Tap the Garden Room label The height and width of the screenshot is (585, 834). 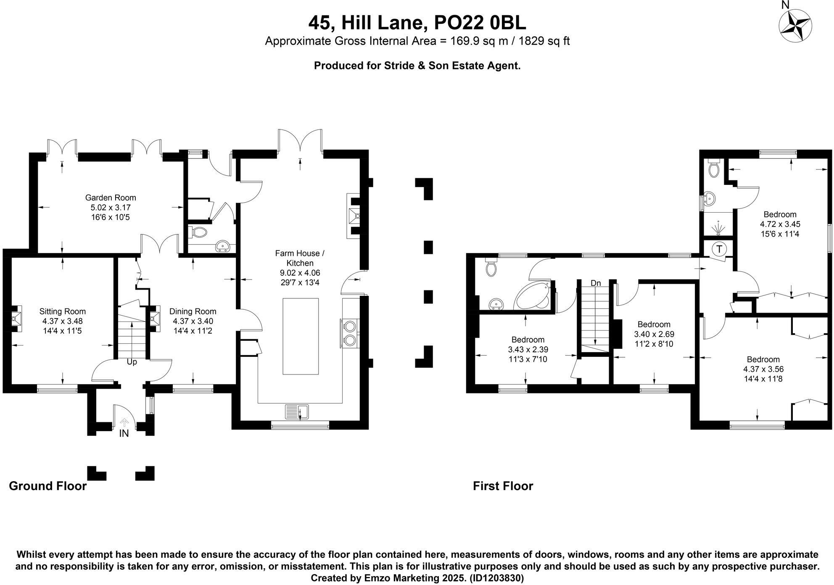coord(111,198)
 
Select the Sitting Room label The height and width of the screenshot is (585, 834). coord(63,311)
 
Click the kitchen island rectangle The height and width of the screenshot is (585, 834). coord(300,336)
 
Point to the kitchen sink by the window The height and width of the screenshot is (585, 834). coord(297,411)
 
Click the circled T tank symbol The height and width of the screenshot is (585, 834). coord(719,249)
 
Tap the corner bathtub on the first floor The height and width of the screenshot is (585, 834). coord(533,296)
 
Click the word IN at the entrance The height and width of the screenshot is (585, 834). coord(124,433)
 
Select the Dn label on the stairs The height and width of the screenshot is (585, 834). coord(596,283)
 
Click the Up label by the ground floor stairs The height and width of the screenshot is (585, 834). coord(132,362)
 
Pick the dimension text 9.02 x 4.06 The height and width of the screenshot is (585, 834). coord(300,273)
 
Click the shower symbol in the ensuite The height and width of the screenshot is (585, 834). coord(718,227)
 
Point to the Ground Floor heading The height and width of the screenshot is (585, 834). coord(48,486)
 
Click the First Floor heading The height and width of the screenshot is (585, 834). coord(503,486)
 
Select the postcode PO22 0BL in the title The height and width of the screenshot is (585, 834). coord(480,23)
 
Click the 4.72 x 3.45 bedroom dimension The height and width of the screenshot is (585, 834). coord(780,224)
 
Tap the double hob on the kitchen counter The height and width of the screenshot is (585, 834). coord(350,333)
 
